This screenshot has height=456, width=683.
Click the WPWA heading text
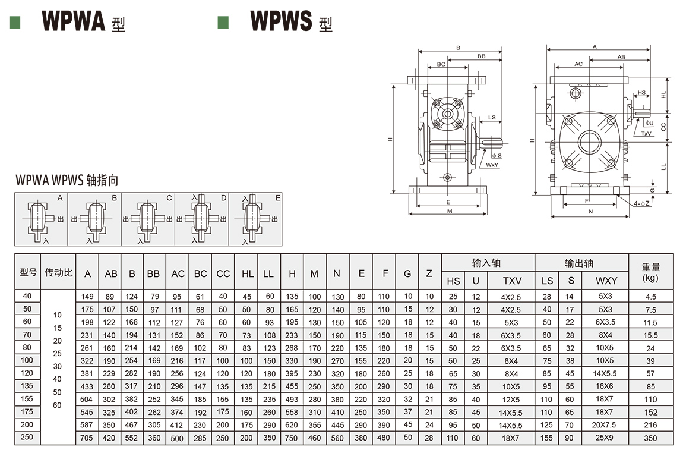coord(73,21)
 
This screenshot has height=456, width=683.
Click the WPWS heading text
coord(281,21)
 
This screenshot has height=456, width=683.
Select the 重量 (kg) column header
coord(651,272)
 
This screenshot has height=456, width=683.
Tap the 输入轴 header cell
coord(487,263)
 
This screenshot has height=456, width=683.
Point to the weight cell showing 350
coord(650,438)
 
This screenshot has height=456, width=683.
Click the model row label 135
coord(27,386)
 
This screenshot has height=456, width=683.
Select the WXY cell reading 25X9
coord(606,438)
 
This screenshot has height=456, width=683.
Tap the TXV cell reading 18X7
coord(511,438)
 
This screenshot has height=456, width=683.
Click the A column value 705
coord(87,438)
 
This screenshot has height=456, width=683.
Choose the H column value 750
coord(292,438)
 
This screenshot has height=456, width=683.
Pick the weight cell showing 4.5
coord(650,296)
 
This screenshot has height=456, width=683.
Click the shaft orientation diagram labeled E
coord(255,219)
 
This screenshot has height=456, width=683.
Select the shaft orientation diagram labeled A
coord(42,219)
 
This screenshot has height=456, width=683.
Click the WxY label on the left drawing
coord(492,164)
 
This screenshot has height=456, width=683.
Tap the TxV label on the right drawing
coord(646,134)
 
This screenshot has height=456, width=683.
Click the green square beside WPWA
coord(15,22)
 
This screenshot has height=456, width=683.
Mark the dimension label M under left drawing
coord(449,212)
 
